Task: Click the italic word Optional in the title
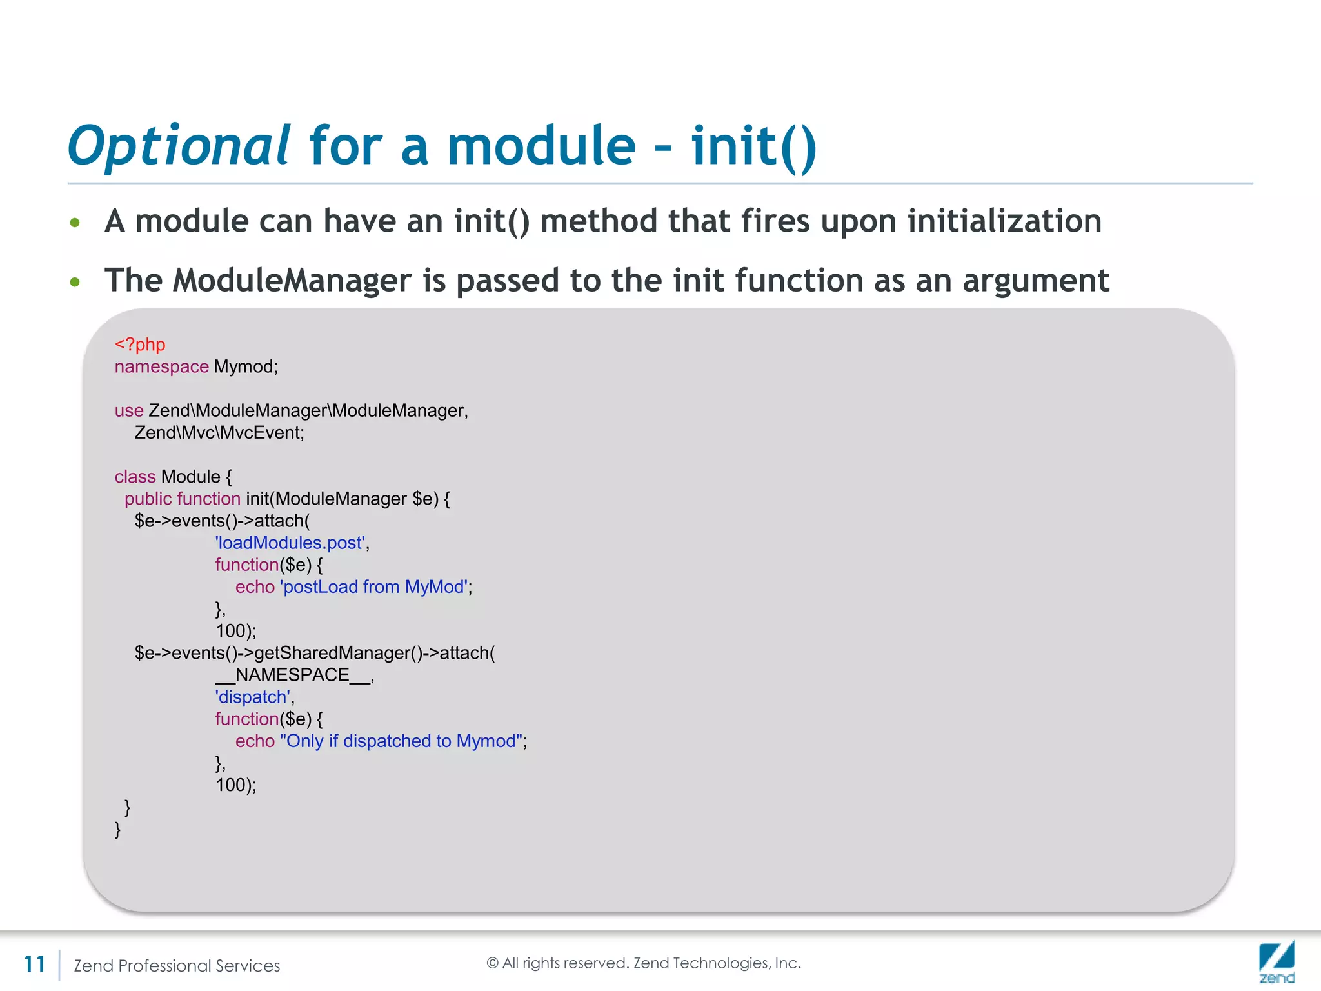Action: pos(179,146)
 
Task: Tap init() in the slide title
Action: pos(753,146)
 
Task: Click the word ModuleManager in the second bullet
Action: pos(292,281)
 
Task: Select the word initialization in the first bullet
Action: pos(1004,221)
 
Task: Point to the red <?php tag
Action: pos(140,345)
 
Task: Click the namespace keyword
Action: pos(161,366)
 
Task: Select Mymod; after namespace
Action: pos(246,366)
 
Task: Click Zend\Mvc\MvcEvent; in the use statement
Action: pos(219,432)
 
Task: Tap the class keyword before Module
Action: pos(135,477)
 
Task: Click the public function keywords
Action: pos(182,499)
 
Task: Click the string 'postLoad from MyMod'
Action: pos(374,587)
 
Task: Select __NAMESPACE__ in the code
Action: pos(293,675)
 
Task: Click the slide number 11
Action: pos(34,965)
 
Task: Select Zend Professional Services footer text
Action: pos(177,966)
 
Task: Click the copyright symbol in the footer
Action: pos(492,963)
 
